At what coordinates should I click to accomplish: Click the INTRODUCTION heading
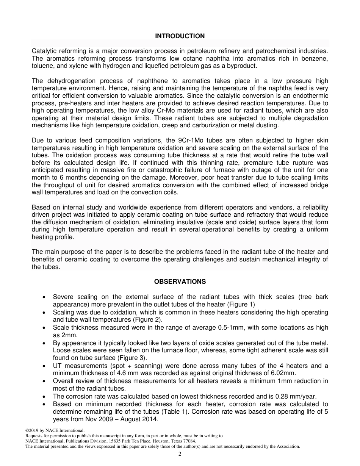(180, 36)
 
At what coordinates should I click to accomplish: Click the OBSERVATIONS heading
(180, 281)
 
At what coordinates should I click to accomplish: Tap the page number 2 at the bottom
(180, 454)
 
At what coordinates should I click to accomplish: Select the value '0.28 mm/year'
(299, 396)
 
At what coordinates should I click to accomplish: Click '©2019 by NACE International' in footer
(55, 430)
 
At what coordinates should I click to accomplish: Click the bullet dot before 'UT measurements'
(45, 366)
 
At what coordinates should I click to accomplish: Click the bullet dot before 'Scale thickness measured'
(45, 328)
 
